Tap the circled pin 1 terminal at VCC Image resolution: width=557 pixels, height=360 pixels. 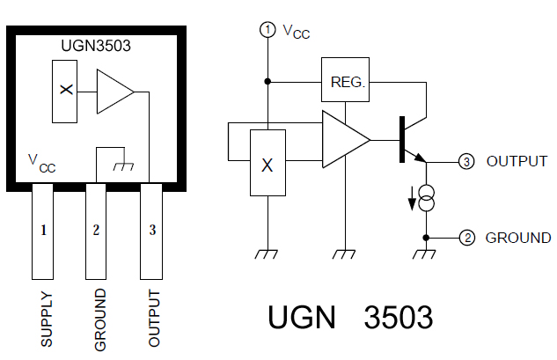268,30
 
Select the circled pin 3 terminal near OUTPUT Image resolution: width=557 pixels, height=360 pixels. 466,162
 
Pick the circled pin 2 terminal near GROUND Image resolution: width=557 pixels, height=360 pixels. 466,238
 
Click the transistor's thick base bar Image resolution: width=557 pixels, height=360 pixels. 402,139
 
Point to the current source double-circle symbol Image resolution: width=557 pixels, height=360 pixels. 426,198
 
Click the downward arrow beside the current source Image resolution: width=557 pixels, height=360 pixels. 412,199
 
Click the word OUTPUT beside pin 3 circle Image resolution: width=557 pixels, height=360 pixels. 517,161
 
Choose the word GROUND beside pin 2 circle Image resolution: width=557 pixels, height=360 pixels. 518,238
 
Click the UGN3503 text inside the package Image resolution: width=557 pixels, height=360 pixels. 96,46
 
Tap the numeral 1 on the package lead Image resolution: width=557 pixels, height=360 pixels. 43,230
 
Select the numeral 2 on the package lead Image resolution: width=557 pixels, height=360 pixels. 96,230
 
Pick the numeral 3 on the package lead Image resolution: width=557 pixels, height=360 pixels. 152,230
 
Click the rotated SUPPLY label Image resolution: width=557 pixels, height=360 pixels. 47,320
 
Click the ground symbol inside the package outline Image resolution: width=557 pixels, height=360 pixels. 123,166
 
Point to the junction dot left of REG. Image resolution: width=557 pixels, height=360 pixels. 268,82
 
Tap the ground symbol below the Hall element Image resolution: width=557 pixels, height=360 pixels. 266,254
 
